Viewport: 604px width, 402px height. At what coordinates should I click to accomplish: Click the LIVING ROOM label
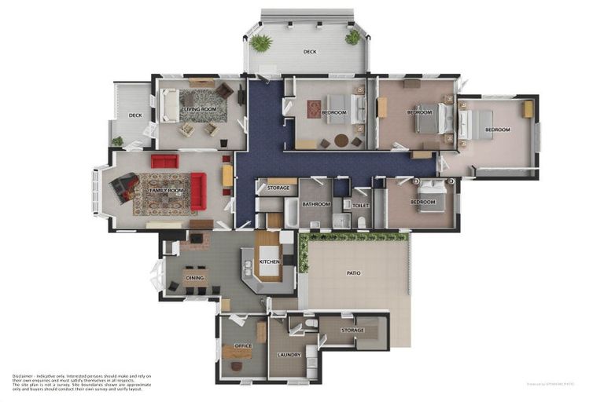[199, 109]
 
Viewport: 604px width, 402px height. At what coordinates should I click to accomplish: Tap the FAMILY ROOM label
[165, 190]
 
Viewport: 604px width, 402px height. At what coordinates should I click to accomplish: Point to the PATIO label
[354, 273]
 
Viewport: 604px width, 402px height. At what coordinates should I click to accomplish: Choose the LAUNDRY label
[289, 355]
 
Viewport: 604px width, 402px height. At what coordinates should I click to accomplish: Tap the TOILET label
[361, 206]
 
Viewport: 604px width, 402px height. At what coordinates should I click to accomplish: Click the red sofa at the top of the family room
[165, 161]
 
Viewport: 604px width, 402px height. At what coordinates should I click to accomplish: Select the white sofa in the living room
[168, 106]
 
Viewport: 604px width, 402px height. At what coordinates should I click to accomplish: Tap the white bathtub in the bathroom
[291, 212]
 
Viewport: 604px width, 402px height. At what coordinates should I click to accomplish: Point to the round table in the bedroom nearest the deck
[341, 141]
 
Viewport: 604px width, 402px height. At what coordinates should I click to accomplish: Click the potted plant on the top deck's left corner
[260, 42]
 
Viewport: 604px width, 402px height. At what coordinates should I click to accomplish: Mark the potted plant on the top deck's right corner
[353, 36]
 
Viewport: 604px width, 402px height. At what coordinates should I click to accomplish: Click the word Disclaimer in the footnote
[24, 376]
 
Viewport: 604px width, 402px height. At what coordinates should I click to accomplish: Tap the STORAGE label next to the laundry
[352, 331]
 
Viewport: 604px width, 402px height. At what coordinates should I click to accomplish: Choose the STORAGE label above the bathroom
[278, 188]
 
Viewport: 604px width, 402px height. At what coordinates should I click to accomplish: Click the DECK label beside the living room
[135, 115]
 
